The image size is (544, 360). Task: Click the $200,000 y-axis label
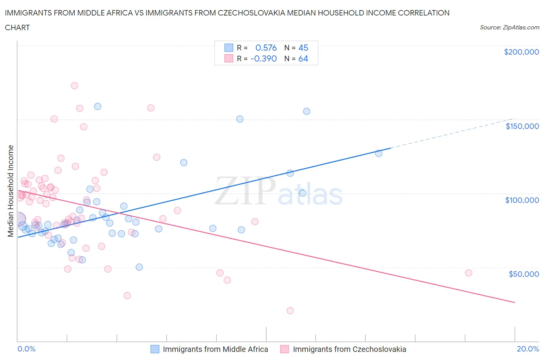521,52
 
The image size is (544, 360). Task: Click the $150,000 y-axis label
522,126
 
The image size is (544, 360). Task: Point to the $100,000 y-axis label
522,200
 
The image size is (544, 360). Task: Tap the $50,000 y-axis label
523,274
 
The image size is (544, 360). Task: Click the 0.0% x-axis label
26,349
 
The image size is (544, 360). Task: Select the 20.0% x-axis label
528,349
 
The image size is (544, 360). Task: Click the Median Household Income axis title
11,190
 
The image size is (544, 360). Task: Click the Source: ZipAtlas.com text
509,27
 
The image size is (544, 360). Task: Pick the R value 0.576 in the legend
266,48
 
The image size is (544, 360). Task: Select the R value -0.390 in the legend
263,58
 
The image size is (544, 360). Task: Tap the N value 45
303,48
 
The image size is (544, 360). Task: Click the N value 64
303,58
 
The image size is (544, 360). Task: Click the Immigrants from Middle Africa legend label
215,349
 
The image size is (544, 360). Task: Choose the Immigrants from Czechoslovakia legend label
349,349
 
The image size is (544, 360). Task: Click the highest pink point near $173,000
74,86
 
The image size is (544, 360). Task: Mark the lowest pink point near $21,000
290,310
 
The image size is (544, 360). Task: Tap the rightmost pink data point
469,273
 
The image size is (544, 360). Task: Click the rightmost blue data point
378,153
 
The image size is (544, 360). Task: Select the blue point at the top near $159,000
98,106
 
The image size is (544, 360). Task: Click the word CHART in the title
17,27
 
